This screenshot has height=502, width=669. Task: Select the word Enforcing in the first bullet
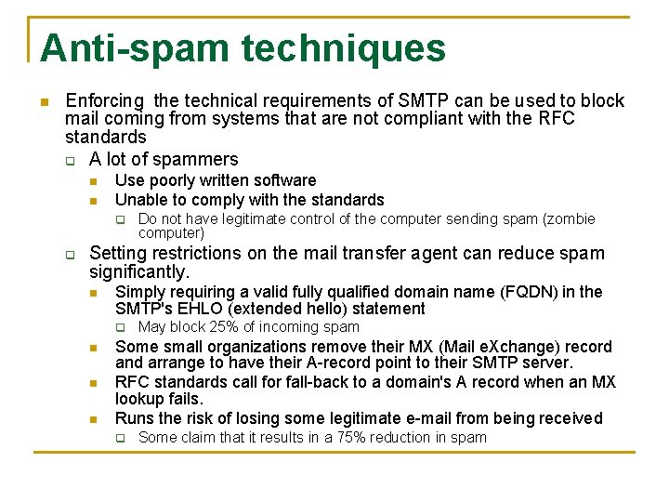[105, 100]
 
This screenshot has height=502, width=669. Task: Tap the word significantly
[138, 271]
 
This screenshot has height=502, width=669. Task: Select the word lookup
[140, 399]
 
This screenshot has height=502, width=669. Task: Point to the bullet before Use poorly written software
[93, 181]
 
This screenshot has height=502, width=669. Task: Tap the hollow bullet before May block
[119, 328]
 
